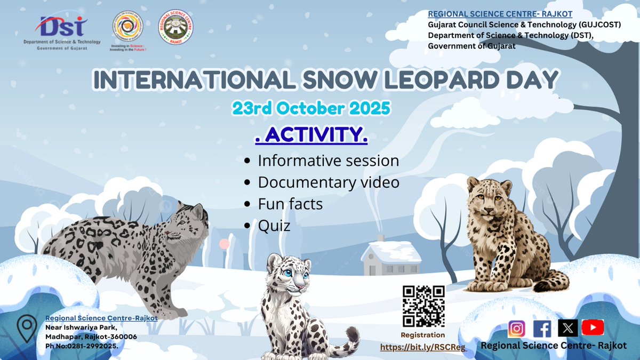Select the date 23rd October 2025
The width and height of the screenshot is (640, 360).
[x=311, y=108]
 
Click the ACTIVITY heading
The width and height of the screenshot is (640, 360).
[x=311, y=135]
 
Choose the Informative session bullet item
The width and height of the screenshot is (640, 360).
[x=328, y=161]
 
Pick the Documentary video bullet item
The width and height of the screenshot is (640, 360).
[x=328, y=182]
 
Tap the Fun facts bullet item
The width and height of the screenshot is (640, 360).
[x=290, y=204]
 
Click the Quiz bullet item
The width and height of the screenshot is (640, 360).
[x=274, y=226]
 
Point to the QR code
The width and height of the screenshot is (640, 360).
[x=423, y=306]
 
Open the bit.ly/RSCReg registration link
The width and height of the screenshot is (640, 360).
[x=423, y=347]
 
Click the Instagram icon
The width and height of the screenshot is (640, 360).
[x=516, y=329]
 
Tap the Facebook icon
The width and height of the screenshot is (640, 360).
[x=542, y=329]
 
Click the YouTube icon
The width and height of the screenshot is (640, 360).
[x=593, y=327]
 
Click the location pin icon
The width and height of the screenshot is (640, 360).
[x=26, y=327]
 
